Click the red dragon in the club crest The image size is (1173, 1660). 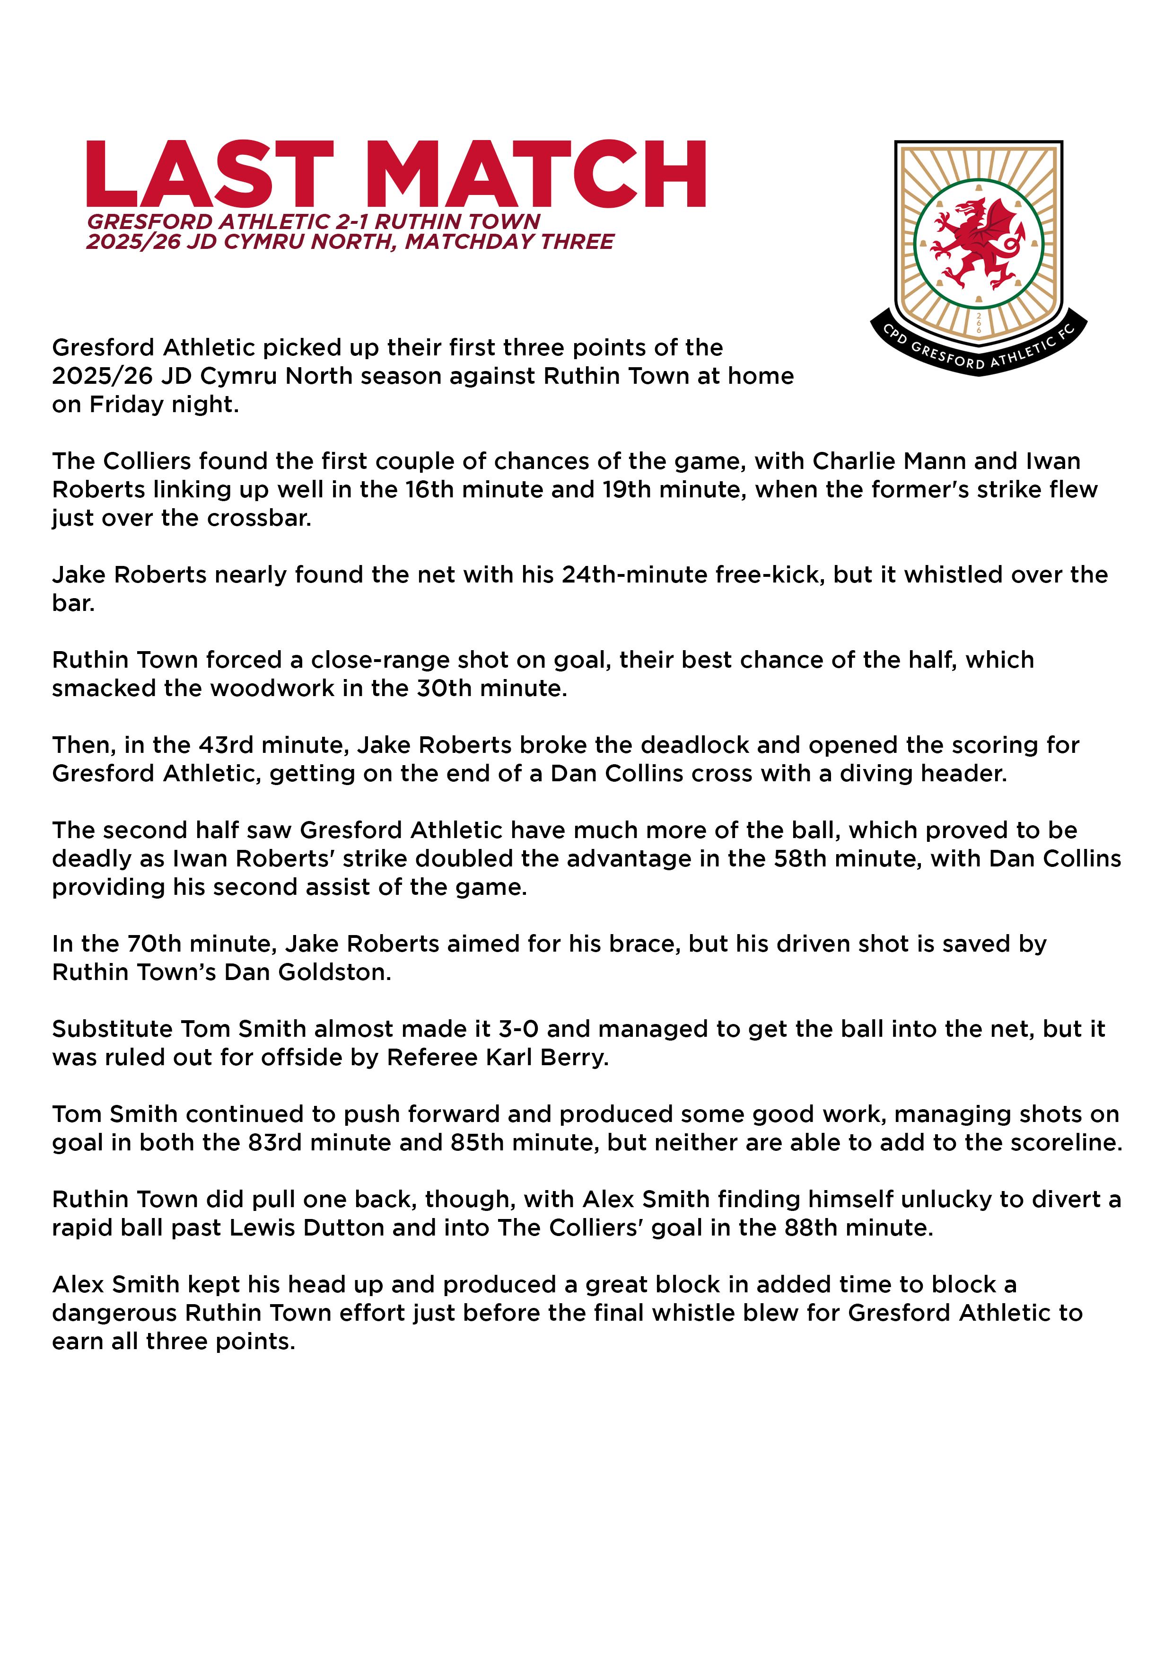[978, 243]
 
